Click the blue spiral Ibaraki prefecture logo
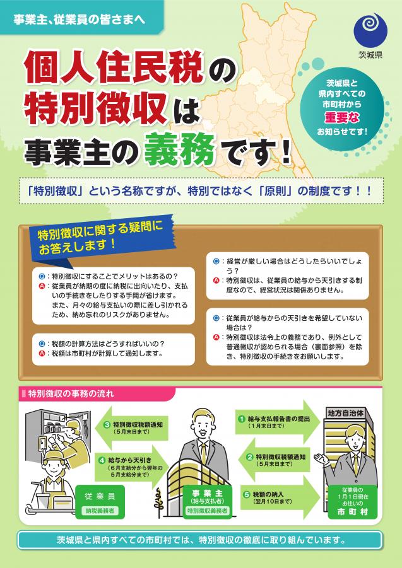pyautogui.click(x=370, y=30)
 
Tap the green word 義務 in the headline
pyautogui.click(x=180, y=149)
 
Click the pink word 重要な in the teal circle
pyautogui.click(x=342, y=117)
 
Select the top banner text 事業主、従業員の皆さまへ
pyautogui.click(x=79, y=19)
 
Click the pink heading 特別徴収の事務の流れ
pyautogui.click(x=71, y=394)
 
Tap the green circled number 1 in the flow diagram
pyautogui.click(x=242, y=419)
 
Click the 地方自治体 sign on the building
pyautogui.click(x=345, y=413)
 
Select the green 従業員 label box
pyautogui.click(x=98, y=501)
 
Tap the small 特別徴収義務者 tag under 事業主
pyautogui.click(x=208, y=511)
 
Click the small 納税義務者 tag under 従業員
pyautogui.click(x=98, y=511)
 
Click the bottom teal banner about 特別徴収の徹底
pyautogui.click(x=199, y=540)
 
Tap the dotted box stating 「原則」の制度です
pyautogui.click(x=201, y=191)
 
